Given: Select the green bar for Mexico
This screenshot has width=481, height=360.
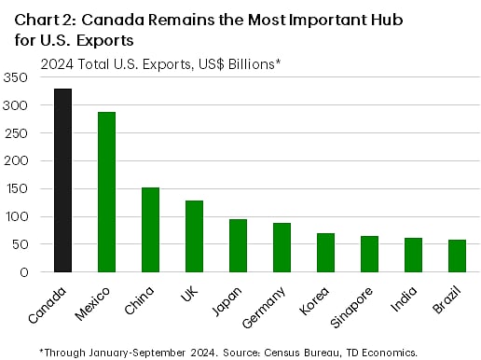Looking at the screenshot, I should [106, 192].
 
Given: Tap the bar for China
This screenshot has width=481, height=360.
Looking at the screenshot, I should [150, 229].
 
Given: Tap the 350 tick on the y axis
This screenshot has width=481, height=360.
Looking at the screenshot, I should [18, 77].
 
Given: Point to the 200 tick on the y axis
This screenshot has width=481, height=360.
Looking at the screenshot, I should [18, 160].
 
